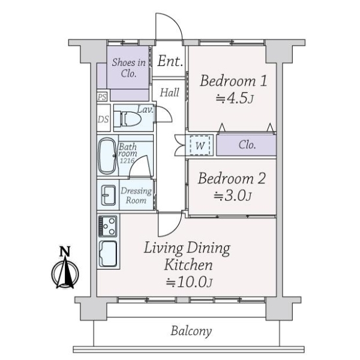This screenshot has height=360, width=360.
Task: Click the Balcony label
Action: coord(191,332)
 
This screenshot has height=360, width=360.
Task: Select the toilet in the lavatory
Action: coord(128,119)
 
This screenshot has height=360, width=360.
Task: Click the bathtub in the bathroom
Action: coord(107,156)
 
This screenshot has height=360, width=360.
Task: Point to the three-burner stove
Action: coord(107,226)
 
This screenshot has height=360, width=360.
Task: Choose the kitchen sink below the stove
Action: coord(107,254)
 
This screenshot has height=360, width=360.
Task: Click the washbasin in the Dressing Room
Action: coord(108,195)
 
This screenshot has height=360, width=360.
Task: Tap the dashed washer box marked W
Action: coord(200,146)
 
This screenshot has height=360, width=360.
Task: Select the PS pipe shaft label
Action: coord(102,97)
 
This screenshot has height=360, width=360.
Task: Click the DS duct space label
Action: coord(103,119)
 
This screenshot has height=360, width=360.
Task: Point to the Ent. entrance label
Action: coord(170,61)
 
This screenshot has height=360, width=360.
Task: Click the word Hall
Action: coord(169,93)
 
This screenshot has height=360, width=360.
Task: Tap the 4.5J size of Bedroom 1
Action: coord(235,98)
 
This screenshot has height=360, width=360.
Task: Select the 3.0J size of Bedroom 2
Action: coord(233,196)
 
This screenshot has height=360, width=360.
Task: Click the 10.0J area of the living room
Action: coord(189,282)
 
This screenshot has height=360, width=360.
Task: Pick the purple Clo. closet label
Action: coord(247,145)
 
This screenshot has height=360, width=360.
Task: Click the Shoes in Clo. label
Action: coord(128,68)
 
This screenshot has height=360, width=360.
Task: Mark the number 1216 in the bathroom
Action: coord(127,160)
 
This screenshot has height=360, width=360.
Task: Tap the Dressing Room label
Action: coord(136,196)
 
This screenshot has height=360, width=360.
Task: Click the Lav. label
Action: coord(145,110)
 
